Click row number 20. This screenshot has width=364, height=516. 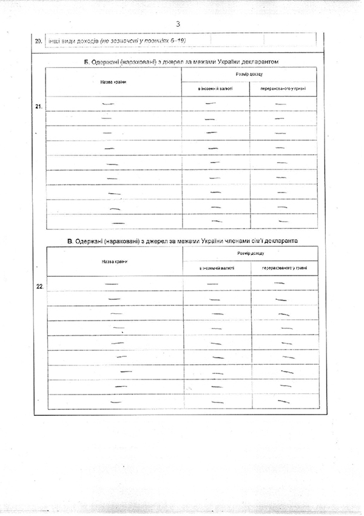pyautogui.click(x=38, y=42)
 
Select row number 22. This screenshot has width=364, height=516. pyautogui.click(x=39, y=286)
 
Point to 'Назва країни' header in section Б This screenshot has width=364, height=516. pyautogui.click(x=113, y=81)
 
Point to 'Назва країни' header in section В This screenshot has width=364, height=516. pyautogui.click(x=114, y=262)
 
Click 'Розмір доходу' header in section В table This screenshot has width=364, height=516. pyautogui.click(x=251, y=254)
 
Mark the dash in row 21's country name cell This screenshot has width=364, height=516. pyautogui.click(x=109, y=104)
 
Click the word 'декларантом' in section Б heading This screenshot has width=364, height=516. pyautogui.click(x=258, y=62)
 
